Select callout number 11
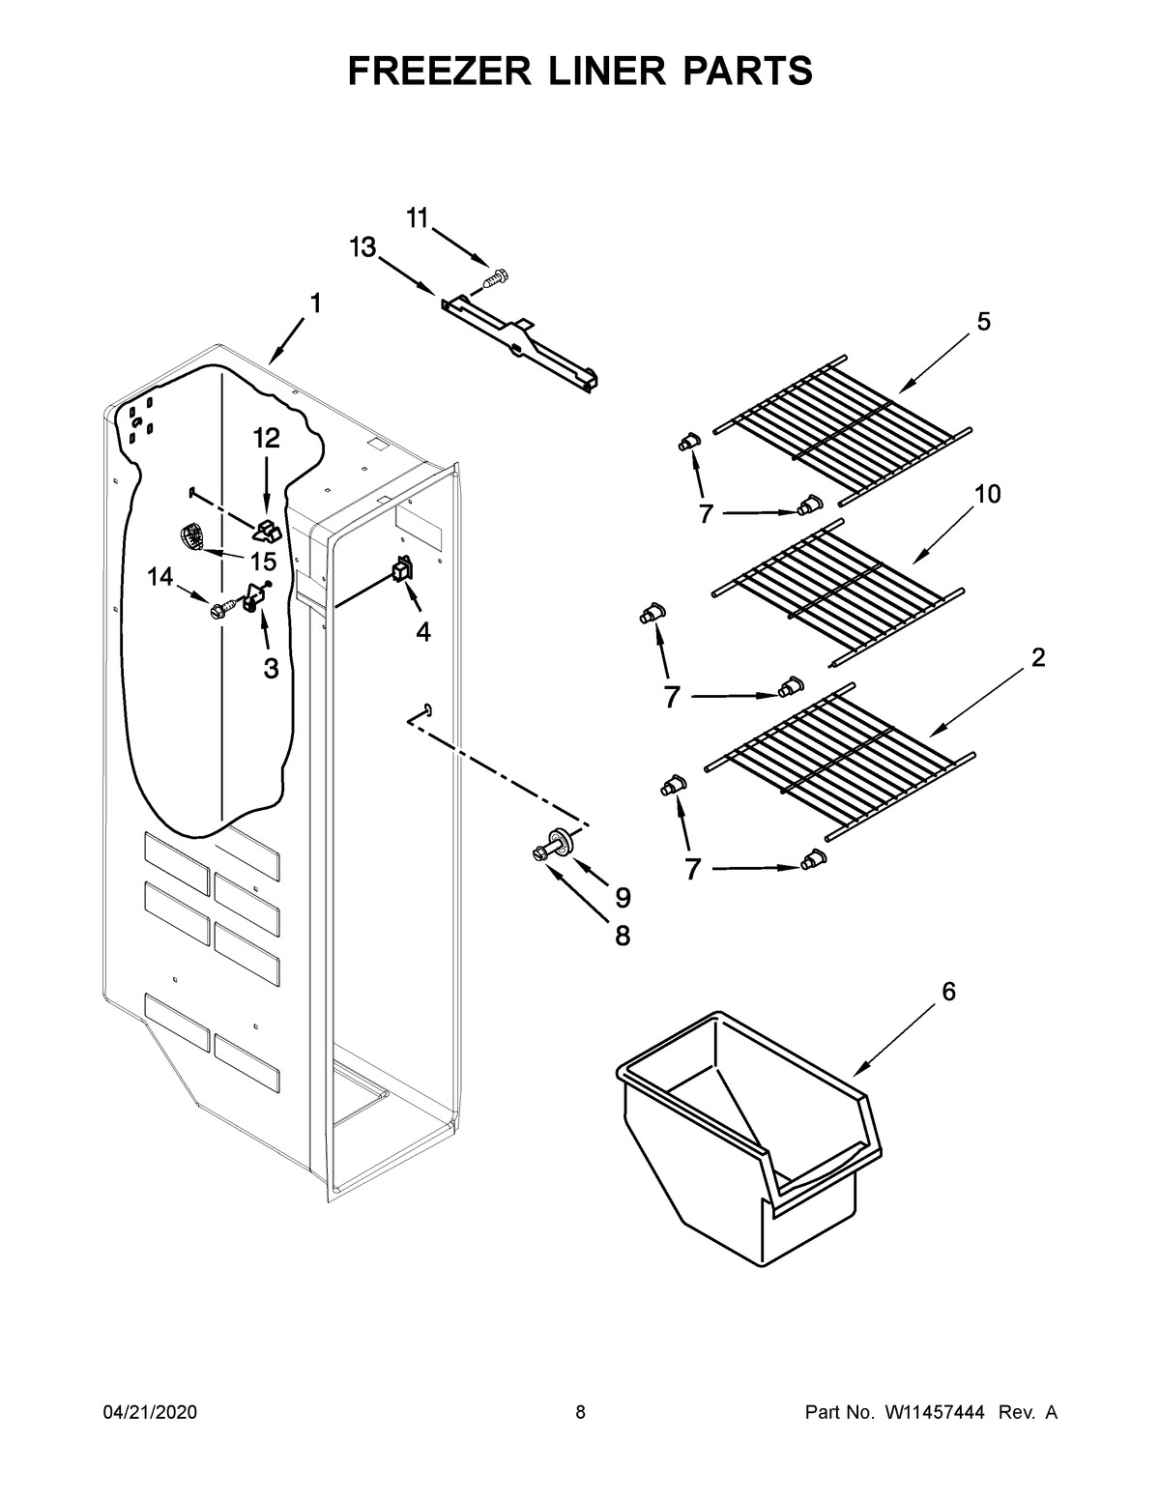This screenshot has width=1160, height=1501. (x=417, y=219)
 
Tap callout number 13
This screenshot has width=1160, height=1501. (x=362, y=248)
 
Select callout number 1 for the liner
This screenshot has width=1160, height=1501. (x=315, y=303)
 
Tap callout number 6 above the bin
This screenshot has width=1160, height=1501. (x=948, y=991)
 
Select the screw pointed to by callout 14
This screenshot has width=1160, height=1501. (x=219, y=610)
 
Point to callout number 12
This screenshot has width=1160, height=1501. (x=267, y=439)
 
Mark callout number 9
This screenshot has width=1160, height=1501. (x=623, y=898)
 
